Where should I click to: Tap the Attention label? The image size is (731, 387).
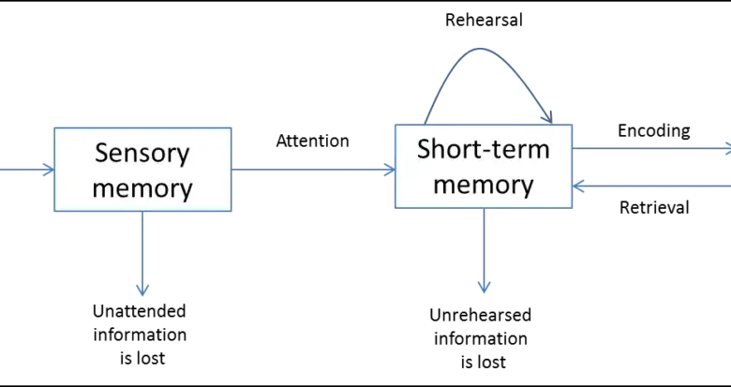312,141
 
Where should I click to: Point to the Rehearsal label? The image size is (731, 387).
484,21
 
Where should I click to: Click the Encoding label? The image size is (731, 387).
653,131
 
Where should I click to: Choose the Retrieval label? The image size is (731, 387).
654,207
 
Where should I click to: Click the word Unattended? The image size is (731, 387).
140,311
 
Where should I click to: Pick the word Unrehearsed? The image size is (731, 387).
480,315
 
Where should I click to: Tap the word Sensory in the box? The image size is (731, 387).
142,154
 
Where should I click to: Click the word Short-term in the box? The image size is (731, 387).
484,149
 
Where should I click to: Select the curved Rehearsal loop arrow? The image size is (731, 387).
480,48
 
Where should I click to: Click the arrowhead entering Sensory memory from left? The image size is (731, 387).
49,170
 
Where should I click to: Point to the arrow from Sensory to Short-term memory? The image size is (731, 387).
313,170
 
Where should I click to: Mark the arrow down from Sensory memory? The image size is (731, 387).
142,254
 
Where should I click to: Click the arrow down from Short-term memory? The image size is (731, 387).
484,250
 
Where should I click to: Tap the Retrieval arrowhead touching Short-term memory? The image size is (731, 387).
578,186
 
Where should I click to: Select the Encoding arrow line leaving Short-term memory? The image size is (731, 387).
651,149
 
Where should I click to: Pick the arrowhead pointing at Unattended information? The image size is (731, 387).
142,290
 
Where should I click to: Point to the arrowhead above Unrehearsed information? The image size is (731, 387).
484,287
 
